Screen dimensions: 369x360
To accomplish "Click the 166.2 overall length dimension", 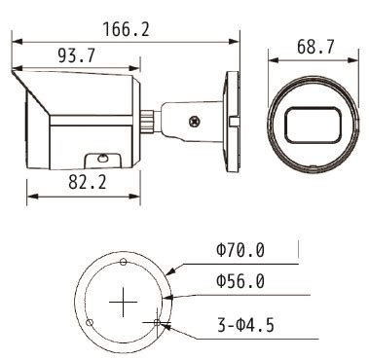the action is [x=127, y=29].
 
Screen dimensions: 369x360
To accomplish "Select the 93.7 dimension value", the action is [x=77, y=55].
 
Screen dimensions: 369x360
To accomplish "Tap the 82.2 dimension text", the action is [x=88, y=182].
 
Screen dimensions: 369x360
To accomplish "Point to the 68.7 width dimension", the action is [x=315, y=47].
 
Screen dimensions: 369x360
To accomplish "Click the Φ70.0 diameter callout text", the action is [x=240, y=250].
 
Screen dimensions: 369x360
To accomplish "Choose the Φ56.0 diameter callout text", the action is [x=240, y=281].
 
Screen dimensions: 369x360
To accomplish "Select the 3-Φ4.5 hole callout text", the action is [x=245, y=325].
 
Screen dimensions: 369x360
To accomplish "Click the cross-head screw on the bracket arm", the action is [x=194, y=122].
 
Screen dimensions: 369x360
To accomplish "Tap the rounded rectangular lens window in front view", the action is [x=313, y=126].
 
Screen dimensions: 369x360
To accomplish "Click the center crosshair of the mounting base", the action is [x=123, y=302].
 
